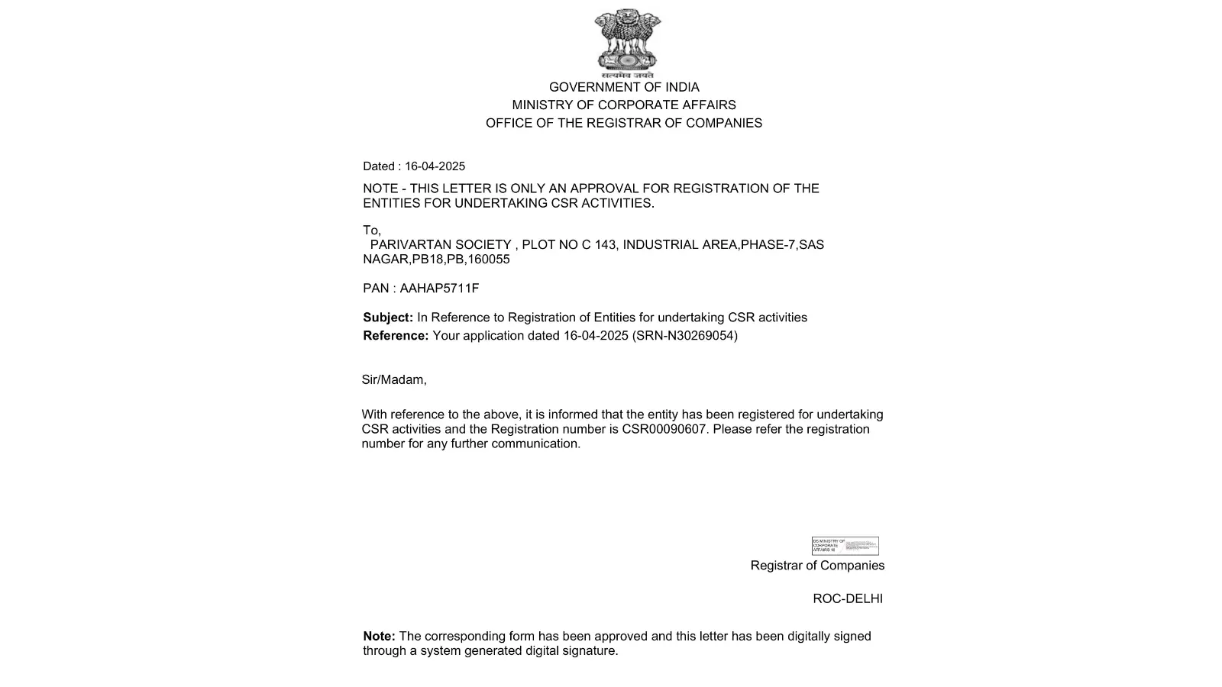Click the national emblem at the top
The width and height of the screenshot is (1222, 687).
point(627,42)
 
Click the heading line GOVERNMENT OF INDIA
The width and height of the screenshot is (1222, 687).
point(624,88)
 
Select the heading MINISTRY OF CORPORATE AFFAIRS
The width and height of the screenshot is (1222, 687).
point(624,105)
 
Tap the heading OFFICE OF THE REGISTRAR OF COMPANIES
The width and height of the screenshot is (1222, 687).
point(624,124)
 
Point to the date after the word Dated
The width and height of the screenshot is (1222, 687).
point(435,166)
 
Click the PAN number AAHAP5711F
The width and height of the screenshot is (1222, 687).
point(439,289)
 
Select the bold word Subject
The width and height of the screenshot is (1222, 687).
point(387,318)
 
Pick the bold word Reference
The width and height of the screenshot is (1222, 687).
point(395,336)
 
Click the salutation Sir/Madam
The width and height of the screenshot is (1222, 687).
point(393,380)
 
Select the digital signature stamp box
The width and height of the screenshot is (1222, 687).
point(845,546)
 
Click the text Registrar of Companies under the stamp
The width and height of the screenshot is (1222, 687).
point(817,566)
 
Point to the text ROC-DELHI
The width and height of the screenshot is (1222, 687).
point(848,599)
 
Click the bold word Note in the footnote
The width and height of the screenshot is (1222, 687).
point(378,637)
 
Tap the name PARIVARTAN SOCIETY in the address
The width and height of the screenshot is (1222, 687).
point(441,245)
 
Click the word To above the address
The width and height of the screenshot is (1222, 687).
point(371,231)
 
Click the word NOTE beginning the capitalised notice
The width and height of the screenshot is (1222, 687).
point(380,189)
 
